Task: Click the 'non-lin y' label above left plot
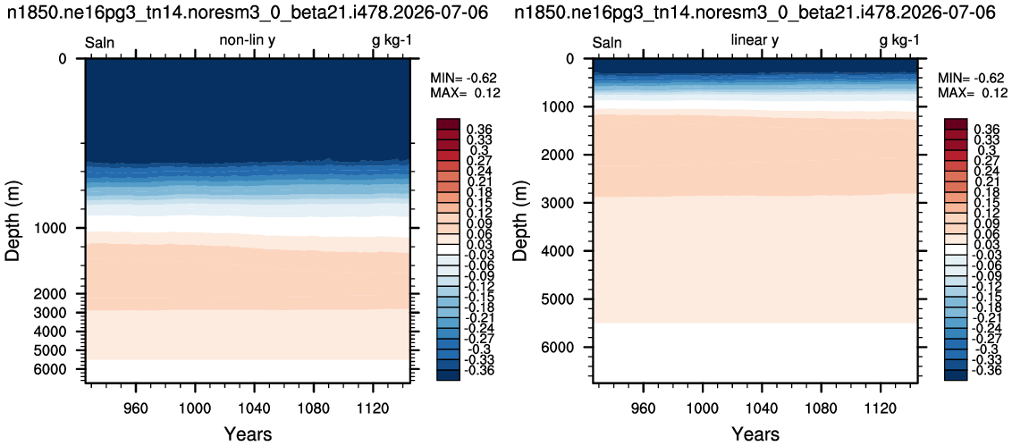(x=248, y=40)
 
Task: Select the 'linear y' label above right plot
(x=755, y=40)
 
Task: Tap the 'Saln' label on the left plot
(x=100, y=43)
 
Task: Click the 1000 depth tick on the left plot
(x=63, y=228)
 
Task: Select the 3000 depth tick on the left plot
(x=63, y=313)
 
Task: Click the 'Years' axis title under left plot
(x=248, y=433)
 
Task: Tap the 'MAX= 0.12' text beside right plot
(x=971, y=92)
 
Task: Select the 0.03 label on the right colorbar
(x=983, y=244)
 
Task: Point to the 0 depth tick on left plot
(x=62, y=59)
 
